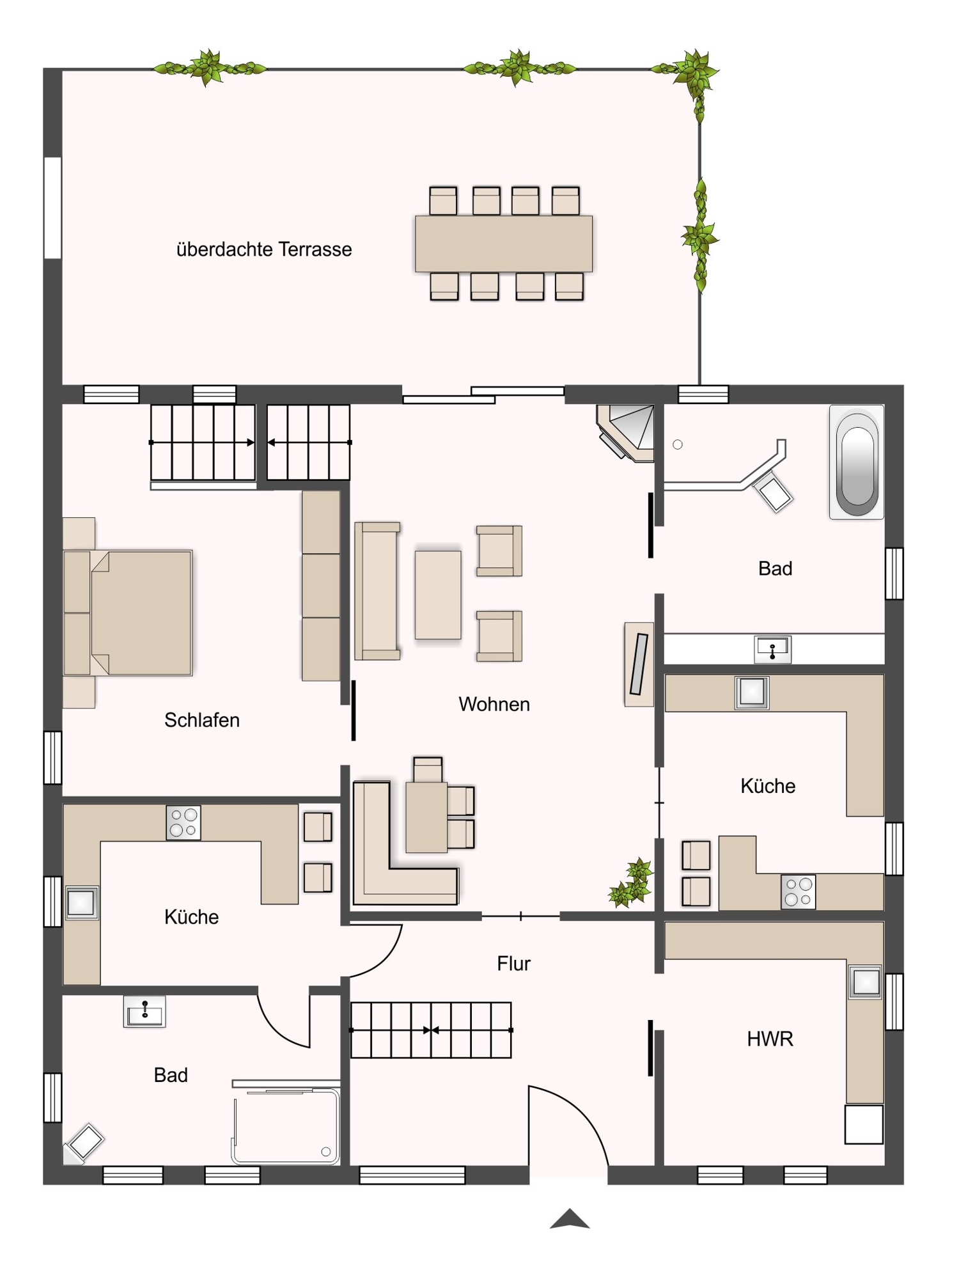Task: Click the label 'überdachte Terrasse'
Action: click(264, 249)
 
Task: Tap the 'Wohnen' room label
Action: click(494, 704)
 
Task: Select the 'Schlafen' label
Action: click(202, 721)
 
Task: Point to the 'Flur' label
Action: click(514, 964)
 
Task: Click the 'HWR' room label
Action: click(770, 1039)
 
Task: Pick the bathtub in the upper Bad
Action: click(857, 462)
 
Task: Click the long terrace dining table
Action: click(504, 244)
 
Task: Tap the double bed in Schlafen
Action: click(129, 613)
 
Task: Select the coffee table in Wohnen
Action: click(438, 595)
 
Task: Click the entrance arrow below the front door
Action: click(570, 1219)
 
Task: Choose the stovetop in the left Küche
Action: click(183, 822)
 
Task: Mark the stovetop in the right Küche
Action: click(799, 891)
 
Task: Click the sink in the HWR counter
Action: click(866, 982)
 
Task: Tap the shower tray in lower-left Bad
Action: click(286, 1127)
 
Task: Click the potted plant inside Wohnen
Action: click(632, 883)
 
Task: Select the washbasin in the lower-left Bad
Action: click(144, 1011)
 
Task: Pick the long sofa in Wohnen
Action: click(378, 591)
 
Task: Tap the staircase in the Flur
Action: click(432, 1030)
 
